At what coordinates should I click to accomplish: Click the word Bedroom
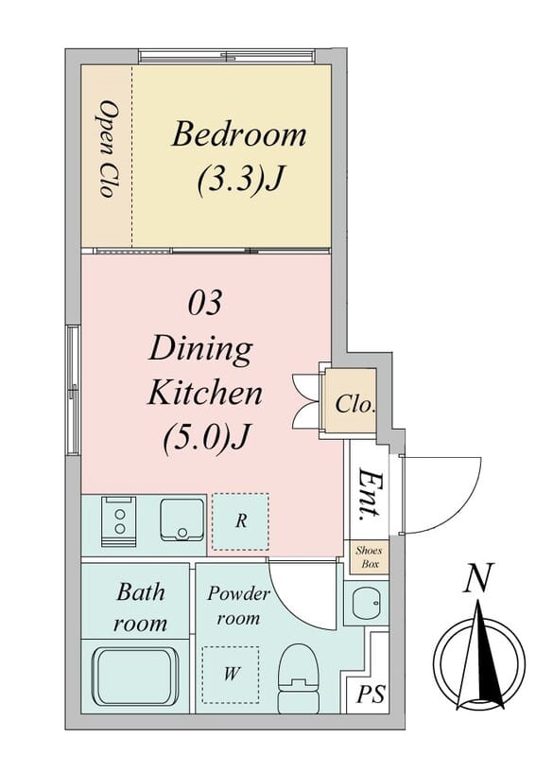[x=239, y=134]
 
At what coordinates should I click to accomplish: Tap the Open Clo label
[x=108, y=149]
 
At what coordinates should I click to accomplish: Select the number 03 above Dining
[x=205, y=303]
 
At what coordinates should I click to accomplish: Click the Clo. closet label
[x=355, y=404]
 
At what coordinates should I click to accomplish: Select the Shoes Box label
[x=369, y=556]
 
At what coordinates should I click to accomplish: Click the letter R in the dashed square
[x=242, y=520]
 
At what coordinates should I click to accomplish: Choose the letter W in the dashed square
[x=231, y=673]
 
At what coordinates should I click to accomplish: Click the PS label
[x=371, y=694]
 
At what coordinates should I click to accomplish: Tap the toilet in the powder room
[x=299, y=678]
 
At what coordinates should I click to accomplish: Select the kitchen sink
[x=182, y=519]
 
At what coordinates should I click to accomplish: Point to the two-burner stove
[x=119, y=521]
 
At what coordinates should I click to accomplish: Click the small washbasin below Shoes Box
[x=367, y=603]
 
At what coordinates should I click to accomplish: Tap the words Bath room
[x=140, y=607]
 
